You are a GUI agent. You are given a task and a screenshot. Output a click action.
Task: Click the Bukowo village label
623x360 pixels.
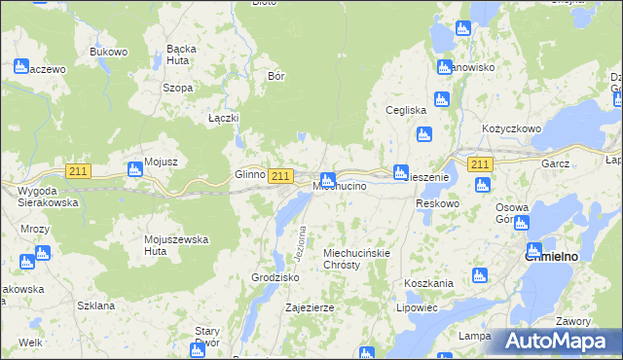[x=109, y=52]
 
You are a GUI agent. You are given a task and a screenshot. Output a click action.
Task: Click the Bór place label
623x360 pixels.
[x=275, y=75]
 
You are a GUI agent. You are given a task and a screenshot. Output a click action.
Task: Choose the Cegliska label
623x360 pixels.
[x=407, y=110]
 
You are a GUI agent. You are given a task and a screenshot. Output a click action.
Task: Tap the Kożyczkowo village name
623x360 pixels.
[x=511, y=128]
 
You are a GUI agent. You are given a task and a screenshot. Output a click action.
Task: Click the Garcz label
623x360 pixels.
[x=557, y=164]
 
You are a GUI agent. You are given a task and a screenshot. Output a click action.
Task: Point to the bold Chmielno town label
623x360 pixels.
[x=552, y=257]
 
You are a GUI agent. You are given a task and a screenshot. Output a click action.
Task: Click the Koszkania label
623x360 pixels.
[x=428, y=283]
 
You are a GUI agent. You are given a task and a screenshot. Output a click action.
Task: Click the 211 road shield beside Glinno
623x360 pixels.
[x=280, y=175]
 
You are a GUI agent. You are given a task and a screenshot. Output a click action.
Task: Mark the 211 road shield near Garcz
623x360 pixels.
[x=479, y=164]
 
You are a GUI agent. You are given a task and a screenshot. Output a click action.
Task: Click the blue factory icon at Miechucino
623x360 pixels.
[x=329, y=179]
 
